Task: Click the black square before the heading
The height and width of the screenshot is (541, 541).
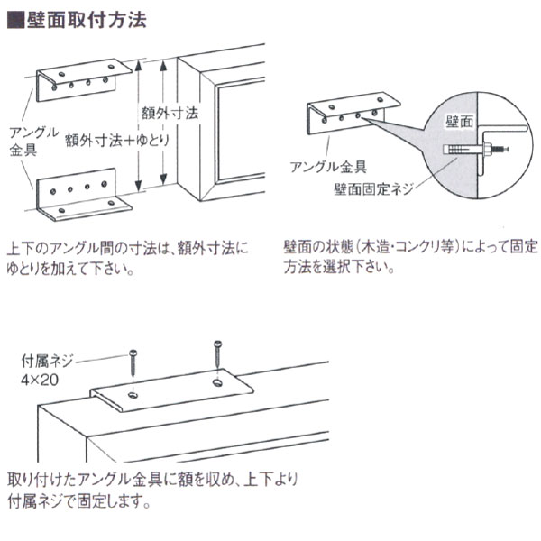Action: click(x=14, y=19)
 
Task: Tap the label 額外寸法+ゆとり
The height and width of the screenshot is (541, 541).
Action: click(x=112, y=142)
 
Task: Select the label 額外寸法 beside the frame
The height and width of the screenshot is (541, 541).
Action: click(x=169, y=114)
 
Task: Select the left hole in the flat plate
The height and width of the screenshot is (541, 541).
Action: click(x=133, y=394)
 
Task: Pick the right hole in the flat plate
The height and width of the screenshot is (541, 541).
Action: click(x=217, y=383)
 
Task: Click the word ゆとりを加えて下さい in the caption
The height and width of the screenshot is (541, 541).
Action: click(x=71, y=269)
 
